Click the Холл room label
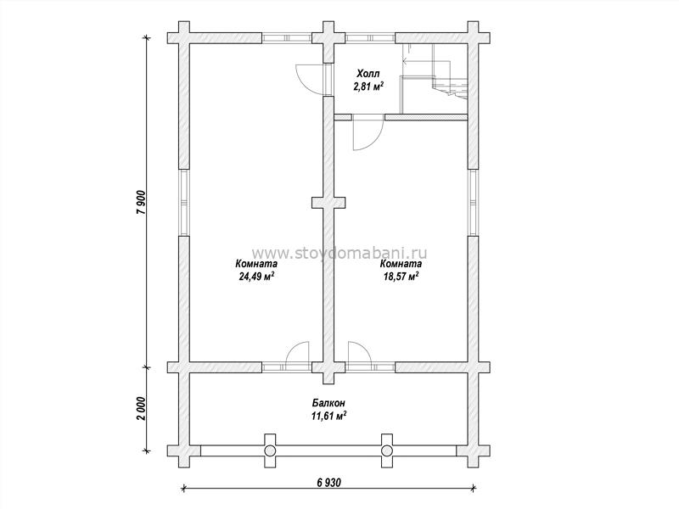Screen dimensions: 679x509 (x=368, y=73)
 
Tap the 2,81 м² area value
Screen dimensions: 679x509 (x=369, y=87)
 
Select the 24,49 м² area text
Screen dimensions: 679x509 (x=256, y=277)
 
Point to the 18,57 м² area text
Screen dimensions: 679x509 (x=401, y=277)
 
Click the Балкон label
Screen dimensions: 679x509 (x=328, y=403)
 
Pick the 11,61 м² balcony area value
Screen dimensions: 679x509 (x=328, y=417)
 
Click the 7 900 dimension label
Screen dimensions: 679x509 (x=143, y=202)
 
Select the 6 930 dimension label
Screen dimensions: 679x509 (x=328, y=482)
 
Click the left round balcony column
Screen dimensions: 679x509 (x=270, y=450)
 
